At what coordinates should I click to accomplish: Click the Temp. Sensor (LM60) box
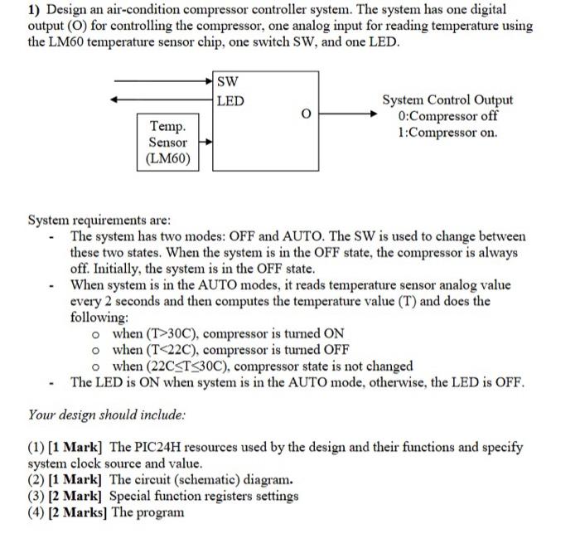pos(168,143)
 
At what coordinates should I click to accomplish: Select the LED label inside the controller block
pos(230,101)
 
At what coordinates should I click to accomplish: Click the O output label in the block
pos(305,114)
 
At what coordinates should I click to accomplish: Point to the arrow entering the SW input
pos(162,81)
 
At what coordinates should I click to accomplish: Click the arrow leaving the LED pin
pos(162,100)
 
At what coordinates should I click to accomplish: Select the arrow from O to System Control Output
pos(347,114)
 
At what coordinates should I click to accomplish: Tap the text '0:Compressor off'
pos(447,116)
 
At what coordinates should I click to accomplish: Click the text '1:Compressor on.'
pos(447,133)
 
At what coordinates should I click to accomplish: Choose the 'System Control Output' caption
pos(447,100)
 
